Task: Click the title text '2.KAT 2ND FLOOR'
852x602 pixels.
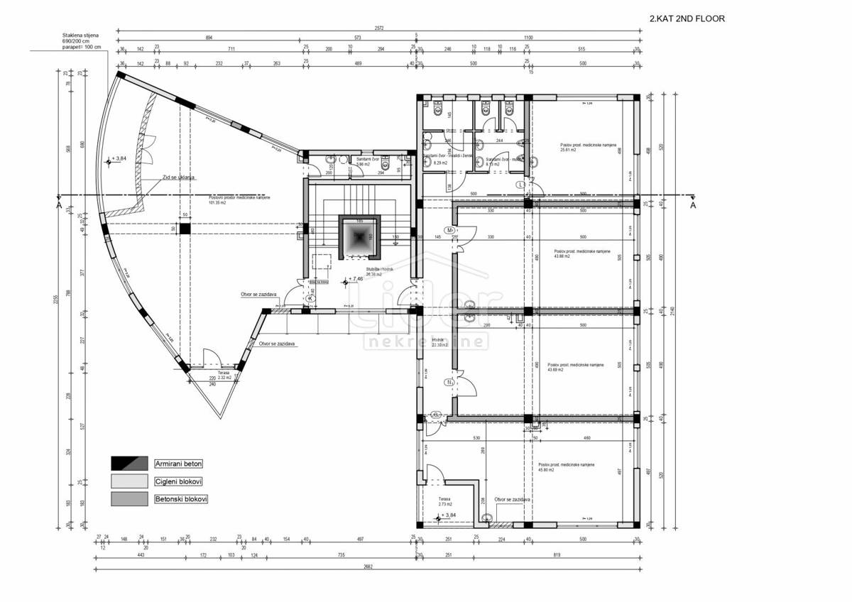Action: tap(687, 19)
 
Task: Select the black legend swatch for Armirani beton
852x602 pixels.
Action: tap(129, 464)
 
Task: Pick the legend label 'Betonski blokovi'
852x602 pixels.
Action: tap(181, 499)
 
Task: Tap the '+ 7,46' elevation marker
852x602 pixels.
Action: tap(355, 280)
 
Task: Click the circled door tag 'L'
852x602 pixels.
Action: tap(521, 185)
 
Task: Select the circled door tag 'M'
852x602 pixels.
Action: tap(449, 231)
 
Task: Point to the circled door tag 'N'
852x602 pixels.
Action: tap(449, 383)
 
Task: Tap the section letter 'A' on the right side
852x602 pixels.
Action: tap(693, 205)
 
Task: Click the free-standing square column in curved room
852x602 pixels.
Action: tap(185, 229)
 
